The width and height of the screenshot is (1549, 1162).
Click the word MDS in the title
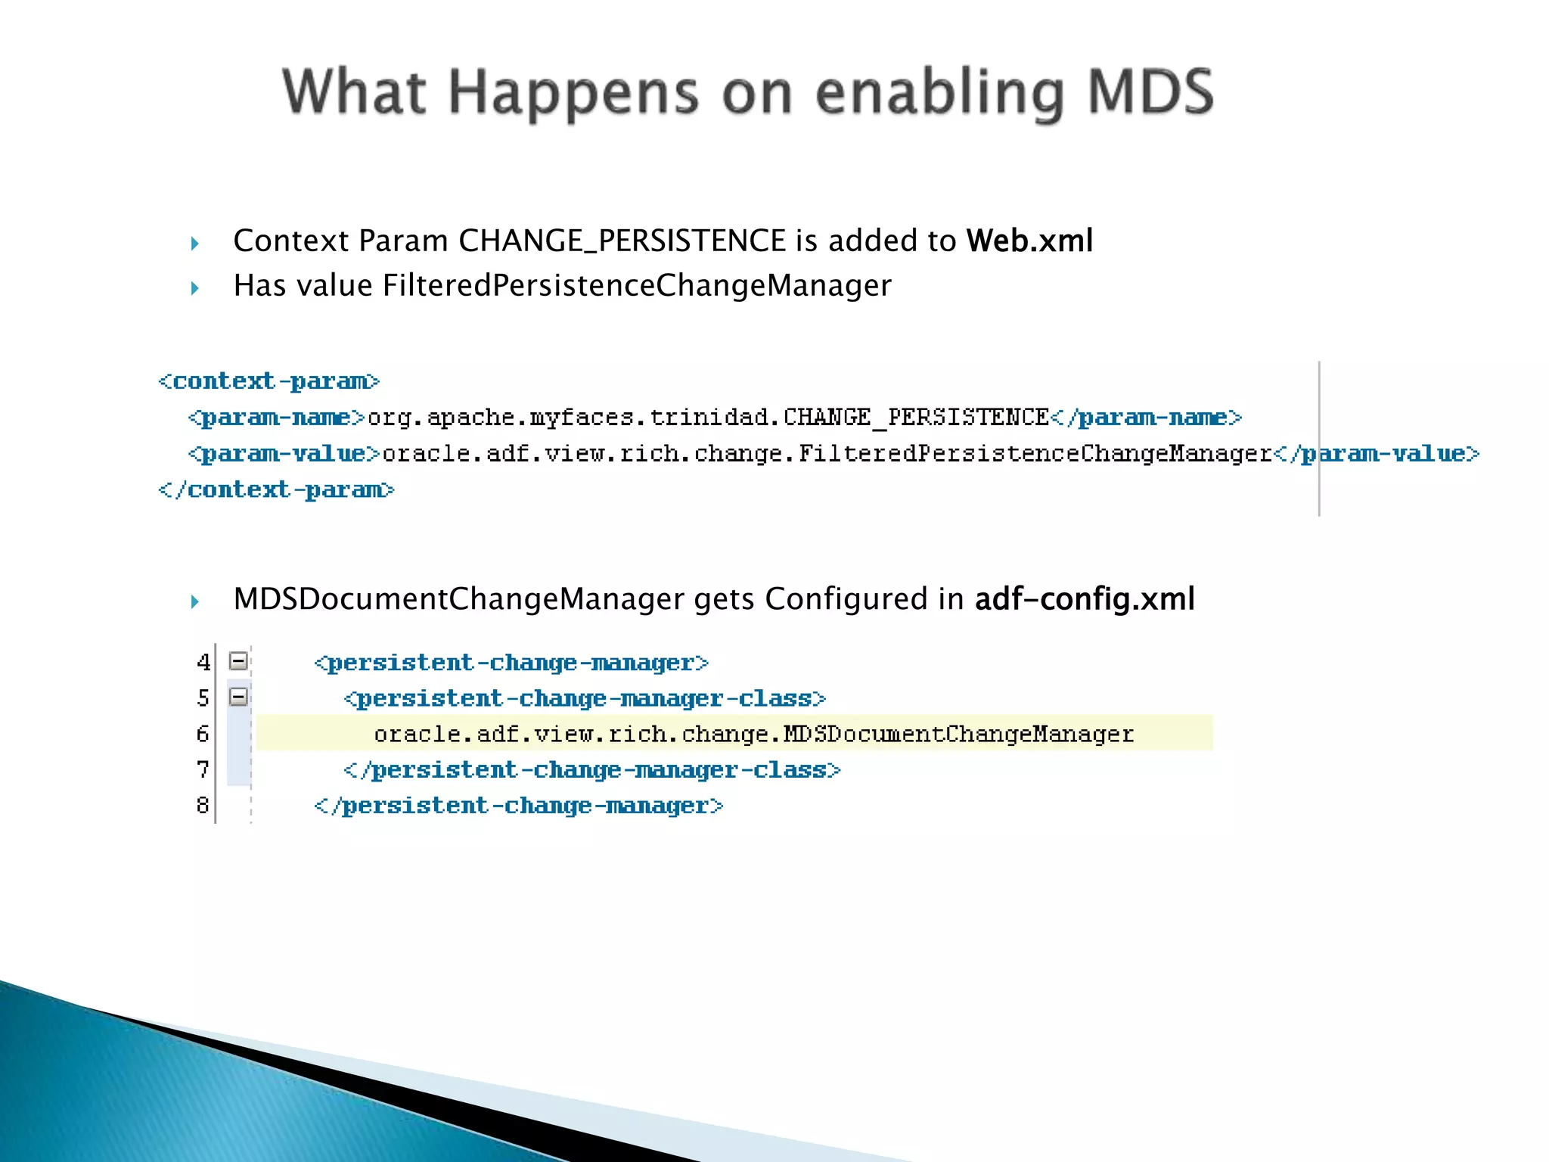(x=1150, y=92)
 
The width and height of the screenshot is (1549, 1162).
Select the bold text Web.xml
(x=1029, y=241)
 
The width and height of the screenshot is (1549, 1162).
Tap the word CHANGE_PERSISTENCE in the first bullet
(x=622, y=241)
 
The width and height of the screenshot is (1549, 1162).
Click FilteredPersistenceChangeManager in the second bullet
(x=637, y=285)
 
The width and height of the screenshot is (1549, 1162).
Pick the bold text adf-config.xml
(x=1084, y=598)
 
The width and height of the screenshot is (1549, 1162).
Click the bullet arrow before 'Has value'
(x=194, y=288)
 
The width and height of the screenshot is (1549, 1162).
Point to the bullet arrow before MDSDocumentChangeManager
(x=194, y=602)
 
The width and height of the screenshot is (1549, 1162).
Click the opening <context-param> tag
(x=269, y=381)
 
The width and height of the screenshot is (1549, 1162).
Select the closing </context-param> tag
(x=276, y=490)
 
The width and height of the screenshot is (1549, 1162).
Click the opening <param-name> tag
(x=277, y=417)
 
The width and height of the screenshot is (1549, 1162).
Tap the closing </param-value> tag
(x=1377, y=453)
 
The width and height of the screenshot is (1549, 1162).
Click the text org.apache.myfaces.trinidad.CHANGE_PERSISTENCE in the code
(x=707, y=417)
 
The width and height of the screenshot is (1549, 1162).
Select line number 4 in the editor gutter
(x=203, y=663)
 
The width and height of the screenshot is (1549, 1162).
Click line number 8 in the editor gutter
(x=203, y=805)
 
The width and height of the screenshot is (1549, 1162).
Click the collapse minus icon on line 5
(x=238, y=697)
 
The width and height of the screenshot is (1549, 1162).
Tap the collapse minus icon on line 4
(x=238, y=661)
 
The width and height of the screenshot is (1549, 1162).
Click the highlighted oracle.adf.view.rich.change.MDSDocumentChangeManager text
(x=753, y=734)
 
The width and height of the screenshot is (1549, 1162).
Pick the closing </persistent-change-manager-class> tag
(x=591, y=770)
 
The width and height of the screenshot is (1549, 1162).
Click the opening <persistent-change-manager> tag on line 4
(x=511, y=663)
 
